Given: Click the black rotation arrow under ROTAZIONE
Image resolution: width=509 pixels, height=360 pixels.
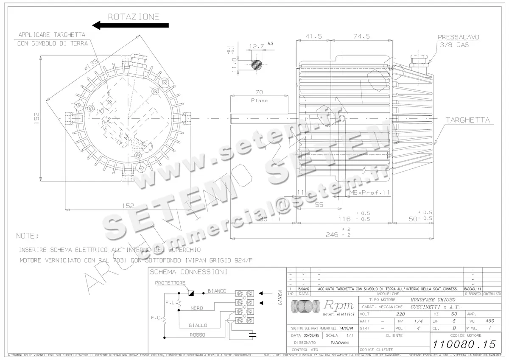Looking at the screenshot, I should pos(130,25).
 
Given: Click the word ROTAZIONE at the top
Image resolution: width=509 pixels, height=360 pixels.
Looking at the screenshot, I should pos(134,17).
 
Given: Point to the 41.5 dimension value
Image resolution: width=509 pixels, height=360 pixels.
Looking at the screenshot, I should pos(314,36).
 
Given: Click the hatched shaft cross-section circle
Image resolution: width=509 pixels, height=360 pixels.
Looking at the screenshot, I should pos(256,64).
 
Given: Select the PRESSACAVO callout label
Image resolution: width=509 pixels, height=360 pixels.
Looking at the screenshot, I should pos(459,37).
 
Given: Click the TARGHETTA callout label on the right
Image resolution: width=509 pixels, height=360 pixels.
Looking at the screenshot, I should pos(467,120).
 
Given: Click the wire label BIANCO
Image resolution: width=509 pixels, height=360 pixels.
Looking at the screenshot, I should pos(217,291).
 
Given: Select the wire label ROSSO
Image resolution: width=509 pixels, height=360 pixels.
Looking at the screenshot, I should pos(198,335).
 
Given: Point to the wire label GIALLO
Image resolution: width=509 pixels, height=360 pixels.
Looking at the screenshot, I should pos(198,325).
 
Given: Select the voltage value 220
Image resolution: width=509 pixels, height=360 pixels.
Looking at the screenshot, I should pos(400,314).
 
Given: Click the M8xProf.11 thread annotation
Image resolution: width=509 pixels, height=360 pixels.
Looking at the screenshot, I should pos(369,193).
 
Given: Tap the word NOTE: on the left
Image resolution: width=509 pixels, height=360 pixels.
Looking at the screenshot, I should pos(27,236).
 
